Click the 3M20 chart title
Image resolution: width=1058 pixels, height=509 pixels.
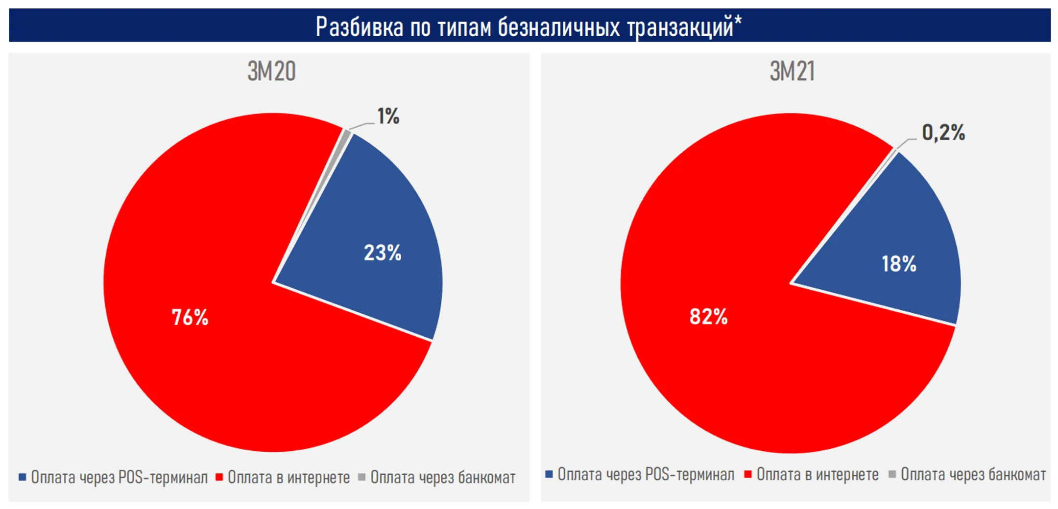click(x=271, y=71)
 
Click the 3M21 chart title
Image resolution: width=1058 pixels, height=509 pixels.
click(x=792, y=71)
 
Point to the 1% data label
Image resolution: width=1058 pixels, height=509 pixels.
click(x=388, y=116)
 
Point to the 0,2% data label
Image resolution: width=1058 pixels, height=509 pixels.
click(x=943, y=133)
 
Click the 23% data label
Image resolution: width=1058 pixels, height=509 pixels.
click(x=383, y=253)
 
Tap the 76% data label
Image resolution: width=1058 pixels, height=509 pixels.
click(x=190, y=318)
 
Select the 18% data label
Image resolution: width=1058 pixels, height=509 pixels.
click(x=899, y=264)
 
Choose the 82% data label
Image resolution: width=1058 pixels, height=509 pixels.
click(x=708, y=317)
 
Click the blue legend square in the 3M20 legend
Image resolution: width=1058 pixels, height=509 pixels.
click(x=22, y=477)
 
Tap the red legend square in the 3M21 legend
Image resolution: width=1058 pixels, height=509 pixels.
click(x=747, y=474)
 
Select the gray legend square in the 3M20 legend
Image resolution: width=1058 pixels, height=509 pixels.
click(x=361, y=477)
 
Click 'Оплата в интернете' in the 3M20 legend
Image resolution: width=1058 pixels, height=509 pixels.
click(x=289, y=477)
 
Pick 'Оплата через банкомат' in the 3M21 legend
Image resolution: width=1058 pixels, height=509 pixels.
click(x=973, y=474)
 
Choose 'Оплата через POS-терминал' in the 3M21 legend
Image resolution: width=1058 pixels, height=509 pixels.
click(x=646, y=474)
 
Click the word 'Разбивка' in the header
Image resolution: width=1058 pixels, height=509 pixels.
click(x=360, y=26)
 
